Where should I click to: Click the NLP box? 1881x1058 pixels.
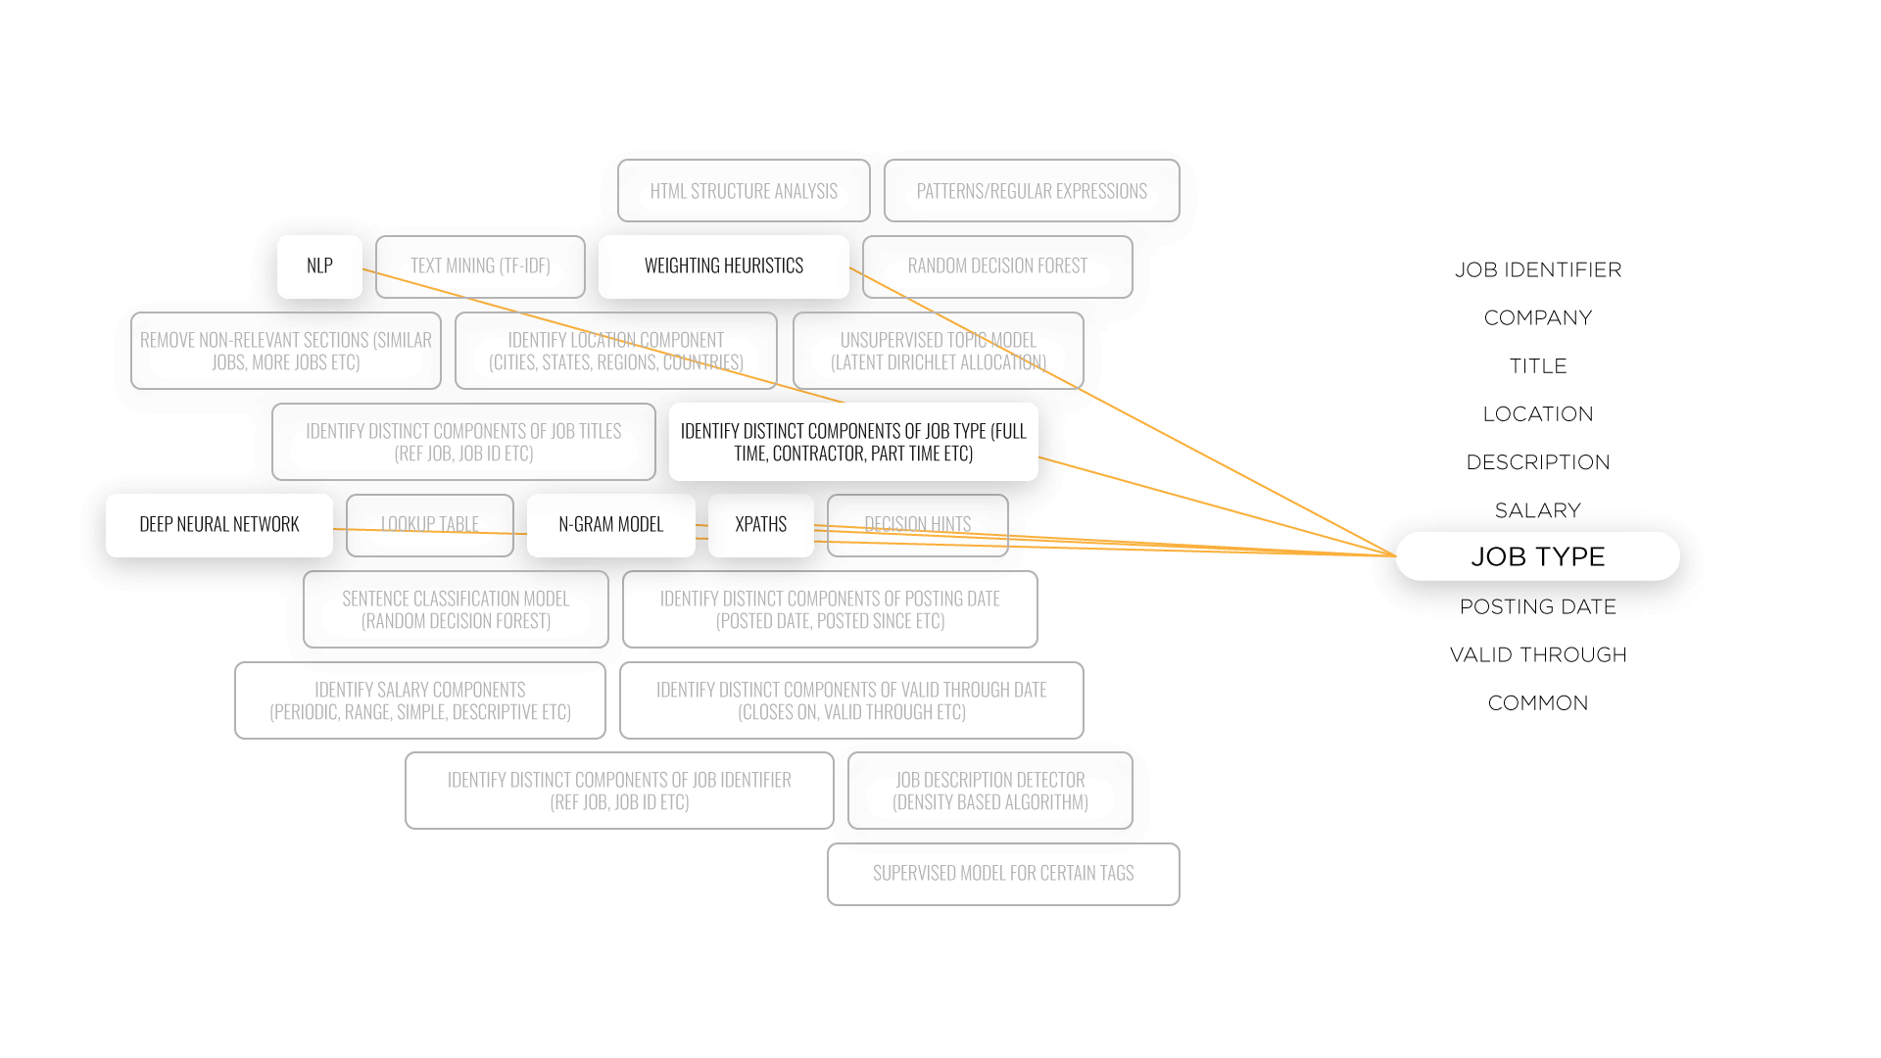319,266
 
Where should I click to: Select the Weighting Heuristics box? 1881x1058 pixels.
724,266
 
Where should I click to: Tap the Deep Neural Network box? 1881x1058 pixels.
219,525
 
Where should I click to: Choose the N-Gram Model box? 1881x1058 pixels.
611,525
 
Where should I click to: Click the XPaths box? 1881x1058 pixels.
761,525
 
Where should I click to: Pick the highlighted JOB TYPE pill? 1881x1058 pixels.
1538,556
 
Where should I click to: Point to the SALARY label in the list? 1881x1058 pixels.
1538,510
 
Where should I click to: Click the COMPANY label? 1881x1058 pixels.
1538,317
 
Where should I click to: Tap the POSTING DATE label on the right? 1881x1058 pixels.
1538,606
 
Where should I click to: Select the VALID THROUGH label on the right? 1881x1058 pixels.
1538,654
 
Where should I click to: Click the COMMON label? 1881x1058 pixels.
1538,702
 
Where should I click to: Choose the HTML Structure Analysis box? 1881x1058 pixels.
744,191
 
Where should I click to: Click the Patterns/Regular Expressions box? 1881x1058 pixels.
1032,191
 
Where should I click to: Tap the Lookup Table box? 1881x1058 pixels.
430,525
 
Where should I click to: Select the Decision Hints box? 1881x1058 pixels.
918,525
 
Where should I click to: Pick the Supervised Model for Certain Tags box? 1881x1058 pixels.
1003,874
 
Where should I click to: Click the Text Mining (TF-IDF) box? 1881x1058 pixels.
480,266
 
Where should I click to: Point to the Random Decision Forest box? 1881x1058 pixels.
997,266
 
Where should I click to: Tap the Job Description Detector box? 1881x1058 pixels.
990,791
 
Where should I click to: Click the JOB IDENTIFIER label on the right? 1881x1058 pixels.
1538,269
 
